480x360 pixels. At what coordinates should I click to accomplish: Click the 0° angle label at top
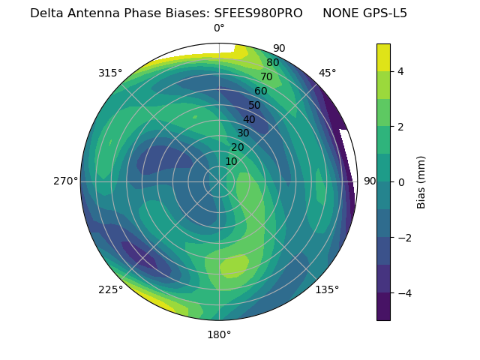219,28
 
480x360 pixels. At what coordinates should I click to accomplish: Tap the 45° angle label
327,73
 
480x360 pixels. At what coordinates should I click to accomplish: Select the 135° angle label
327,289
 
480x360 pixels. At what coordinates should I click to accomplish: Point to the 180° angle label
219,334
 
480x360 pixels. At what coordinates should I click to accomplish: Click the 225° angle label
110,290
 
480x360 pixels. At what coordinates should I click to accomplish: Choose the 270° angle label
66,181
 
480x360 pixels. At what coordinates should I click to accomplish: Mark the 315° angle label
110,73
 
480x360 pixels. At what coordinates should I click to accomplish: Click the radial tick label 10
231,161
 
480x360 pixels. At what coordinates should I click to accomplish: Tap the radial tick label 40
249,119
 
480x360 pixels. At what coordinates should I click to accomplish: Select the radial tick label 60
261,91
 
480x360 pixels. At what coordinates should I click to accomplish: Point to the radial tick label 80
273,63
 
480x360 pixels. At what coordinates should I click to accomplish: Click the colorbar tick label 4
401,71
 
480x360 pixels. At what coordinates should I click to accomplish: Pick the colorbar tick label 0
401,182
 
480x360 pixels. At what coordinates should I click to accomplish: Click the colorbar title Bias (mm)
421,182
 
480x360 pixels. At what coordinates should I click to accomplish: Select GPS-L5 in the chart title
382,13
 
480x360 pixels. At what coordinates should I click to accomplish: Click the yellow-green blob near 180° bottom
234,265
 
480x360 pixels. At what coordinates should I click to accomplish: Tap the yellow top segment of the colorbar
383,58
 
